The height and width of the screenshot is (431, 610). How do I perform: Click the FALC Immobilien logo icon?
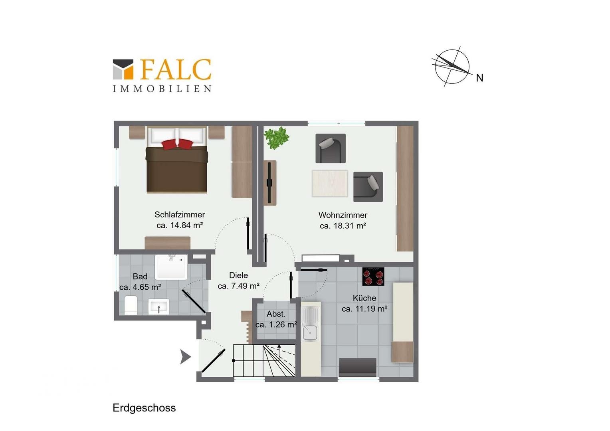123,69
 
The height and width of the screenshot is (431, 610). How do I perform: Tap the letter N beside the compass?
479,78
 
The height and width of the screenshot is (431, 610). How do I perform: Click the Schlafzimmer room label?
180,215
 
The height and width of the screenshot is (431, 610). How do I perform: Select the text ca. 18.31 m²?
343,226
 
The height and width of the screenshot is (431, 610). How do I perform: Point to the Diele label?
239,275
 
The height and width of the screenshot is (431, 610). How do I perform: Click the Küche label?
364,298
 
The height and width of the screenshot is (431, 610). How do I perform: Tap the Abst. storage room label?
276,314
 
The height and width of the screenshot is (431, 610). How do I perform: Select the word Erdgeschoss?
145,408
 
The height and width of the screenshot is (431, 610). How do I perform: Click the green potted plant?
277,138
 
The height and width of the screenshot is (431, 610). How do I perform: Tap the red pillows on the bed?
177,144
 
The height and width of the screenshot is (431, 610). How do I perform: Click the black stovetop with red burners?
373,276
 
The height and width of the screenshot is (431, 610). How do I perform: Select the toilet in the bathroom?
131,305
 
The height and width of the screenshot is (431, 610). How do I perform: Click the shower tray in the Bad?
171,267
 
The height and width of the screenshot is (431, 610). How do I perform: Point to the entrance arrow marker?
186,357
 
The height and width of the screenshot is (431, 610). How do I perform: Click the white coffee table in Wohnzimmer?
330,183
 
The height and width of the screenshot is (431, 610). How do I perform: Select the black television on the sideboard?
269,182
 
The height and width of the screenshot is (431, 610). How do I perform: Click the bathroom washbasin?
158,306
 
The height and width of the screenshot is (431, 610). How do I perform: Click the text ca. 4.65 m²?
140,287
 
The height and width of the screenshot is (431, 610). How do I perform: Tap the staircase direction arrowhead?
279,347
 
